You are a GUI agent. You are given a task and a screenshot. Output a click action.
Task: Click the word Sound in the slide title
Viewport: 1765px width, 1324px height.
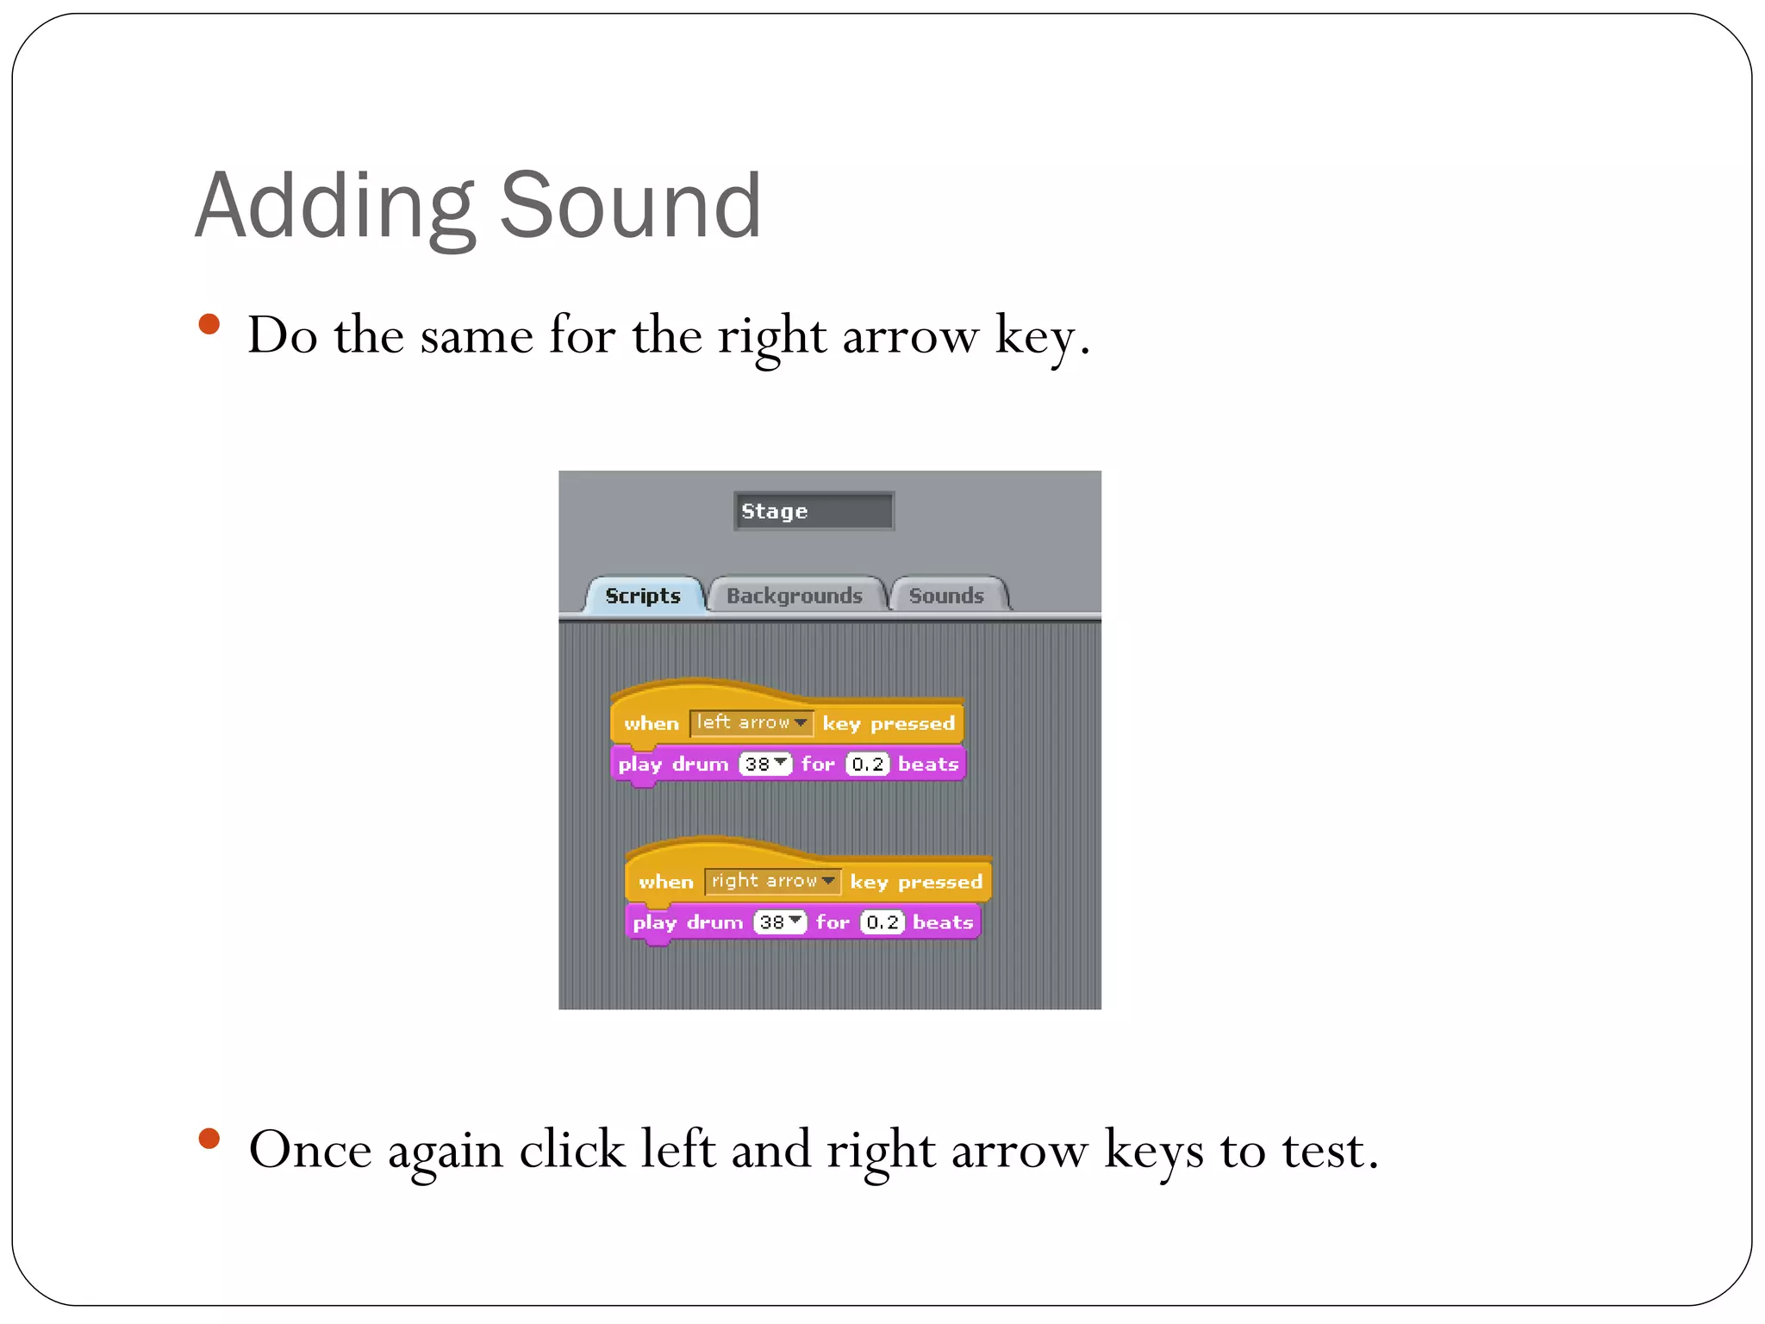[x=630, y=206]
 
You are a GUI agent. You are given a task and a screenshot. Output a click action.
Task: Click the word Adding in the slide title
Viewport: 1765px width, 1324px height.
[x=334, y=208]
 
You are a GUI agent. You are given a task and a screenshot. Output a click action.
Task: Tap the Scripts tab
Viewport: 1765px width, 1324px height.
[x=643, y=596]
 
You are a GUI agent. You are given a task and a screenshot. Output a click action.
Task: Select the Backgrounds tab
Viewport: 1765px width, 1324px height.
[x=794, y=596]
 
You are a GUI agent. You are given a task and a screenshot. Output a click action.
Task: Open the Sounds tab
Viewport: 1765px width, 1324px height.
[x=945, y=596]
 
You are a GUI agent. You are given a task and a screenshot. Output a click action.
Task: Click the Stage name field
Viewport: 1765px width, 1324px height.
[x=813, y=511]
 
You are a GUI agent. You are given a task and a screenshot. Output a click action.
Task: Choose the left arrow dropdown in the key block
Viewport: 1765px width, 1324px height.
[x=751, y=722]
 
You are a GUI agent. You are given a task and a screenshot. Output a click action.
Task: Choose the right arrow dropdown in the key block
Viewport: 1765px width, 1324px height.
[x=772, y=881]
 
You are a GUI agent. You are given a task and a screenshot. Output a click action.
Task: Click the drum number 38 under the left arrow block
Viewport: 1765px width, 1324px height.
[x=764, y=765]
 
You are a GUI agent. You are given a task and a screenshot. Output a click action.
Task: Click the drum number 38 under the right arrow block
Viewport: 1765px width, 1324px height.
[x=779, y=922]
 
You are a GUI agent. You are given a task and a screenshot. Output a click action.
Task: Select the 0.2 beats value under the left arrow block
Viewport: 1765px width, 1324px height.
[x=867, y=765]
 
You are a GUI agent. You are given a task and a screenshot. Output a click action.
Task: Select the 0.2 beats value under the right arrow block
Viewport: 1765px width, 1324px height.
[x=882, y=922]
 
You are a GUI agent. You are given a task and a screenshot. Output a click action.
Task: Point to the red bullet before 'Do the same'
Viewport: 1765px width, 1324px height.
[x=209, y=325]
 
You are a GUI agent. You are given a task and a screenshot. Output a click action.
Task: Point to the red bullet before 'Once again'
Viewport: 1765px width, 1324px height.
[x=209, y=1139]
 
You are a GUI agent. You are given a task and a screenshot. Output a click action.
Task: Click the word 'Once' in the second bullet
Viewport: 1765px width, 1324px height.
[x=310, y=1151]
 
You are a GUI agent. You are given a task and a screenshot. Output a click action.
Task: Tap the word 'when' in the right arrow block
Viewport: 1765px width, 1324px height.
[x=665, y=882]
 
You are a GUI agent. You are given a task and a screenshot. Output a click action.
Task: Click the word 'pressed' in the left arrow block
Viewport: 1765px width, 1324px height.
[x=913, y=723]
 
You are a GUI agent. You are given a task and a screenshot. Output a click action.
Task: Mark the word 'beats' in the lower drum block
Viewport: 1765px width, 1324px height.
[x=943, y=922]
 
